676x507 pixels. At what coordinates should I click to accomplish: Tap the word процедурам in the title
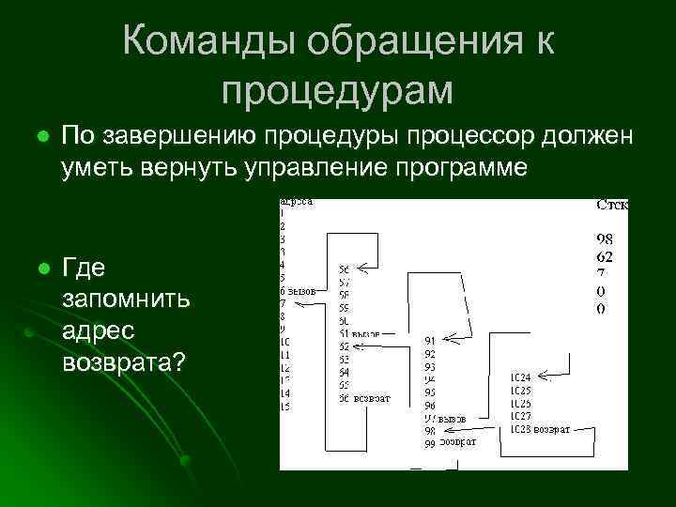click(x=337, y=90)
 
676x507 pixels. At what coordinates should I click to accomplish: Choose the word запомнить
click(x=126, y=300)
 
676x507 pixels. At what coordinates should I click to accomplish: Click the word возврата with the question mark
click(x=122, y=360)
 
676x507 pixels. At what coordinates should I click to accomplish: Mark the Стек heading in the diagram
click(x=612, y=205)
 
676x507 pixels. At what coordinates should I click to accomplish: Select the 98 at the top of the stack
click(x=606, y=238)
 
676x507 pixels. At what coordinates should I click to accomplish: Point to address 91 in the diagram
click(x=430, y=340)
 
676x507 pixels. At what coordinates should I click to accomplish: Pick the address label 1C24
click(x=521, y=377)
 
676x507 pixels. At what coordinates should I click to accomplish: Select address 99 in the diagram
click(x=430, y=442)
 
